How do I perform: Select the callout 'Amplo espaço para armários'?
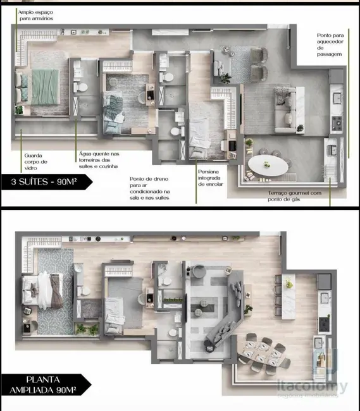point(35,15)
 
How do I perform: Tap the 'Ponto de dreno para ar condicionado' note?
point(149,188)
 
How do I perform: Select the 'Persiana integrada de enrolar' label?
point(209,178)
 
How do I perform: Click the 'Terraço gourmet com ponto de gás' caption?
point(294,196)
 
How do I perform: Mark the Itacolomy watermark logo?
point(316,387)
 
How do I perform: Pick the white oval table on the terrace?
point(267,166)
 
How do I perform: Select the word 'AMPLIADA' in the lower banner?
point(37,390)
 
